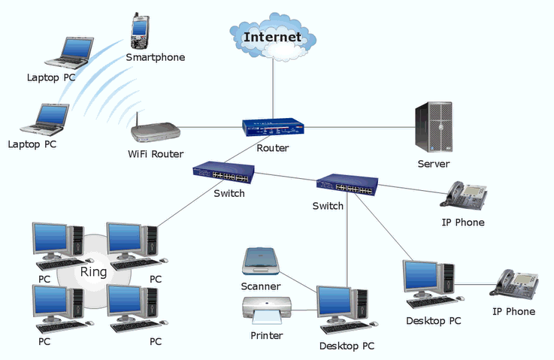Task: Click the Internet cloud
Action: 272,37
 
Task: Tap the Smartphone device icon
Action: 139,31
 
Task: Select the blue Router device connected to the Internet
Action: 273,127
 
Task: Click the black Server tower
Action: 434,127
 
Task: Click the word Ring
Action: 93,271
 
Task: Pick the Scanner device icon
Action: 260,261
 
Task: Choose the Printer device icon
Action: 267,310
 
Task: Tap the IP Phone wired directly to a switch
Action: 464,196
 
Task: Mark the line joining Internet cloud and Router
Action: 273,89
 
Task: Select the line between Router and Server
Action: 359,127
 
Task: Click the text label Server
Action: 434,164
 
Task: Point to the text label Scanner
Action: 261,286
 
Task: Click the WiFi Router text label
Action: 156,154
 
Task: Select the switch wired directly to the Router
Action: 224,172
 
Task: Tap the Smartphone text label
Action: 156,57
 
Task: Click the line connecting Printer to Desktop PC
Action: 304,310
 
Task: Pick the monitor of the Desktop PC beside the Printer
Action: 335,303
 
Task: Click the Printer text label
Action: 267,335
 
